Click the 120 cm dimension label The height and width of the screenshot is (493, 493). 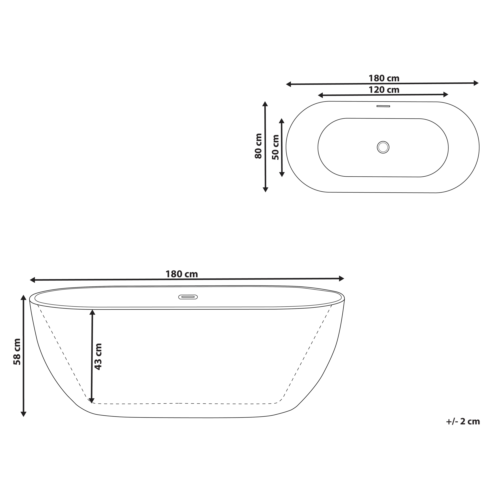[x=384, y=90]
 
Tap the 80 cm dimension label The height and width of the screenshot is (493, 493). [x=258, y=146]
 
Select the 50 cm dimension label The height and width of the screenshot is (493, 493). [x=276, y=147]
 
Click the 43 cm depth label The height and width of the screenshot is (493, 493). [x=98, y=356]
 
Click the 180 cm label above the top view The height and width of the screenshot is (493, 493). [x=384, y=78]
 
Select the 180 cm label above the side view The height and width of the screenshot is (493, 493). [x=182, y=274]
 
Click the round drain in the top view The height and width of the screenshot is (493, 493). [x=383, y=147]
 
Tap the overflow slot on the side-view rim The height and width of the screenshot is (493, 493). [x=188, y=297]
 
